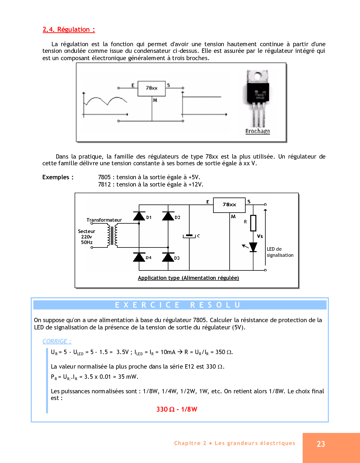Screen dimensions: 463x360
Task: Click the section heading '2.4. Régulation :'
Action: (x=69, y=30)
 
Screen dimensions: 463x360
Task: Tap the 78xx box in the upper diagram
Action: (x=152, y=88)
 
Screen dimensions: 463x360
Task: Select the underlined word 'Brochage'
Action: (x=258, y=131)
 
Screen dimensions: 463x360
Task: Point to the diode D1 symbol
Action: (x=139, y=216)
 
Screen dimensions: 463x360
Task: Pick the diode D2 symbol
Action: (x=168, y=216)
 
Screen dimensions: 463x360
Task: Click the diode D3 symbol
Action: (x=168, y=257)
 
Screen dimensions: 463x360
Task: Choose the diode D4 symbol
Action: (x=139, y=257)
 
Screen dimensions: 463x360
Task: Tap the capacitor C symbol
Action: (x=189, y=236)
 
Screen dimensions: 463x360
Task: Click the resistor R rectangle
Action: (x=253, y=223)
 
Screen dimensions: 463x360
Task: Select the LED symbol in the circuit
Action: (x=253, y=247)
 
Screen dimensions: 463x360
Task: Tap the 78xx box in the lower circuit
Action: (x=229, y=205)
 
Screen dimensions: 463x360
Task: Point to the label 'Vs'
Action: (x=260, y=236)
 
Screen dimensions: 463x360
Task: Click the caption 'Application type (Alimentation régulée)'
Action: (x=188, y=278)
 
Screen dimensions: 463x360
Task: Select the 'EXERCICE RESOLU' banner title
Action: (x=178, y=305)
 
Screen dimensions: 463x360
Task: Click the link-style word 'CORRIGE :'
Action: (x=57, y=341)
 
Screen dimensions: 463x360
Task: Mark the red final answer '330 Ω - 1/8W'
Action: (x=177, y=409)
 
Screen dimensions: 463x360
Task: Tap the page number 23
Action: (x=321, y=444)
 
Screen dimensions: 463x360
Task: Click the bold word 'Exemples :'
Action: (x=58, y=177)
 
